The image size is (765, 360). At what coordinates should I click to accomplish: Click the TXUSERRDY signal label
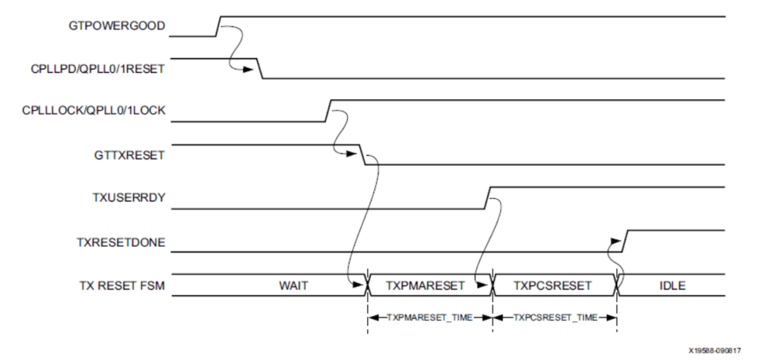[132, 198]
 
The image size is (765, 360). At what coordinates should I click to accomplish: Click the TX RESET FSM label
[123, 286]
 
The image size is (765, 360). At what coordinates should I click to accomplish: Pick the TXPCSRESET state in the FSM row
[554, 286]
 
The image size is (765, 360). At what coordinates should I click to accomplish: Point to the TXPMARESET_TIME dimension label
[430, 317]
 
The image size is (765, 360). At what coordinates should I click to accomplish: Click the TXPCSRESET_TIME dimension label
[554, 317]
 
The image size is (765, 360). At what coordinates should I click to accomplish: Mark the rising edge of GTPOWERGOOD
[218, 26]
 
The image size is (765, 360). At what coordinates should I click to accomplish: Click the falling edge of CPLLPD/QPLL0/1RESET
[260, 69]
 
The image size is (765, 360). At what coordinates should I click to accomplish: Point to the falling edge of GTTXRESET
[363, 155]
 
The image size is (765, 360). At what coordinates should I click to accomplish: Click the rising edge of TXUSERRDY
[487, 198]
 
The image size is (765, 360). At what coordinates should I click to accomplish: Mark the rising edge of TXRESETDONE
[624, 241]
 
